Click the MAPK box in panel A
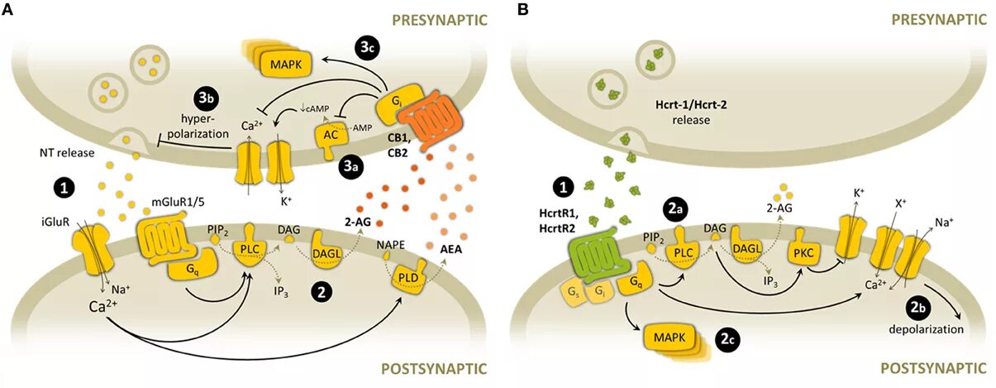[286, 65]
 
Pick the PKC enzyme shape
[803, 252]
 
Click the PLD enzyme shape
[408, 277]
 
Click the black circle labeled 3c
[367, 49]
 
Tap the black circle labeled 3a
[350, 166]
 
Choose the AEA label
[450, 249]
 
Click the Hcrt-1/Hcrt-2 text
[691, 105]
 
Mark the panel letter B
[523, 9]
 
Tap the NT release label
[67, 153]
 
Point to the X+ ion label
[900, 204]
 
